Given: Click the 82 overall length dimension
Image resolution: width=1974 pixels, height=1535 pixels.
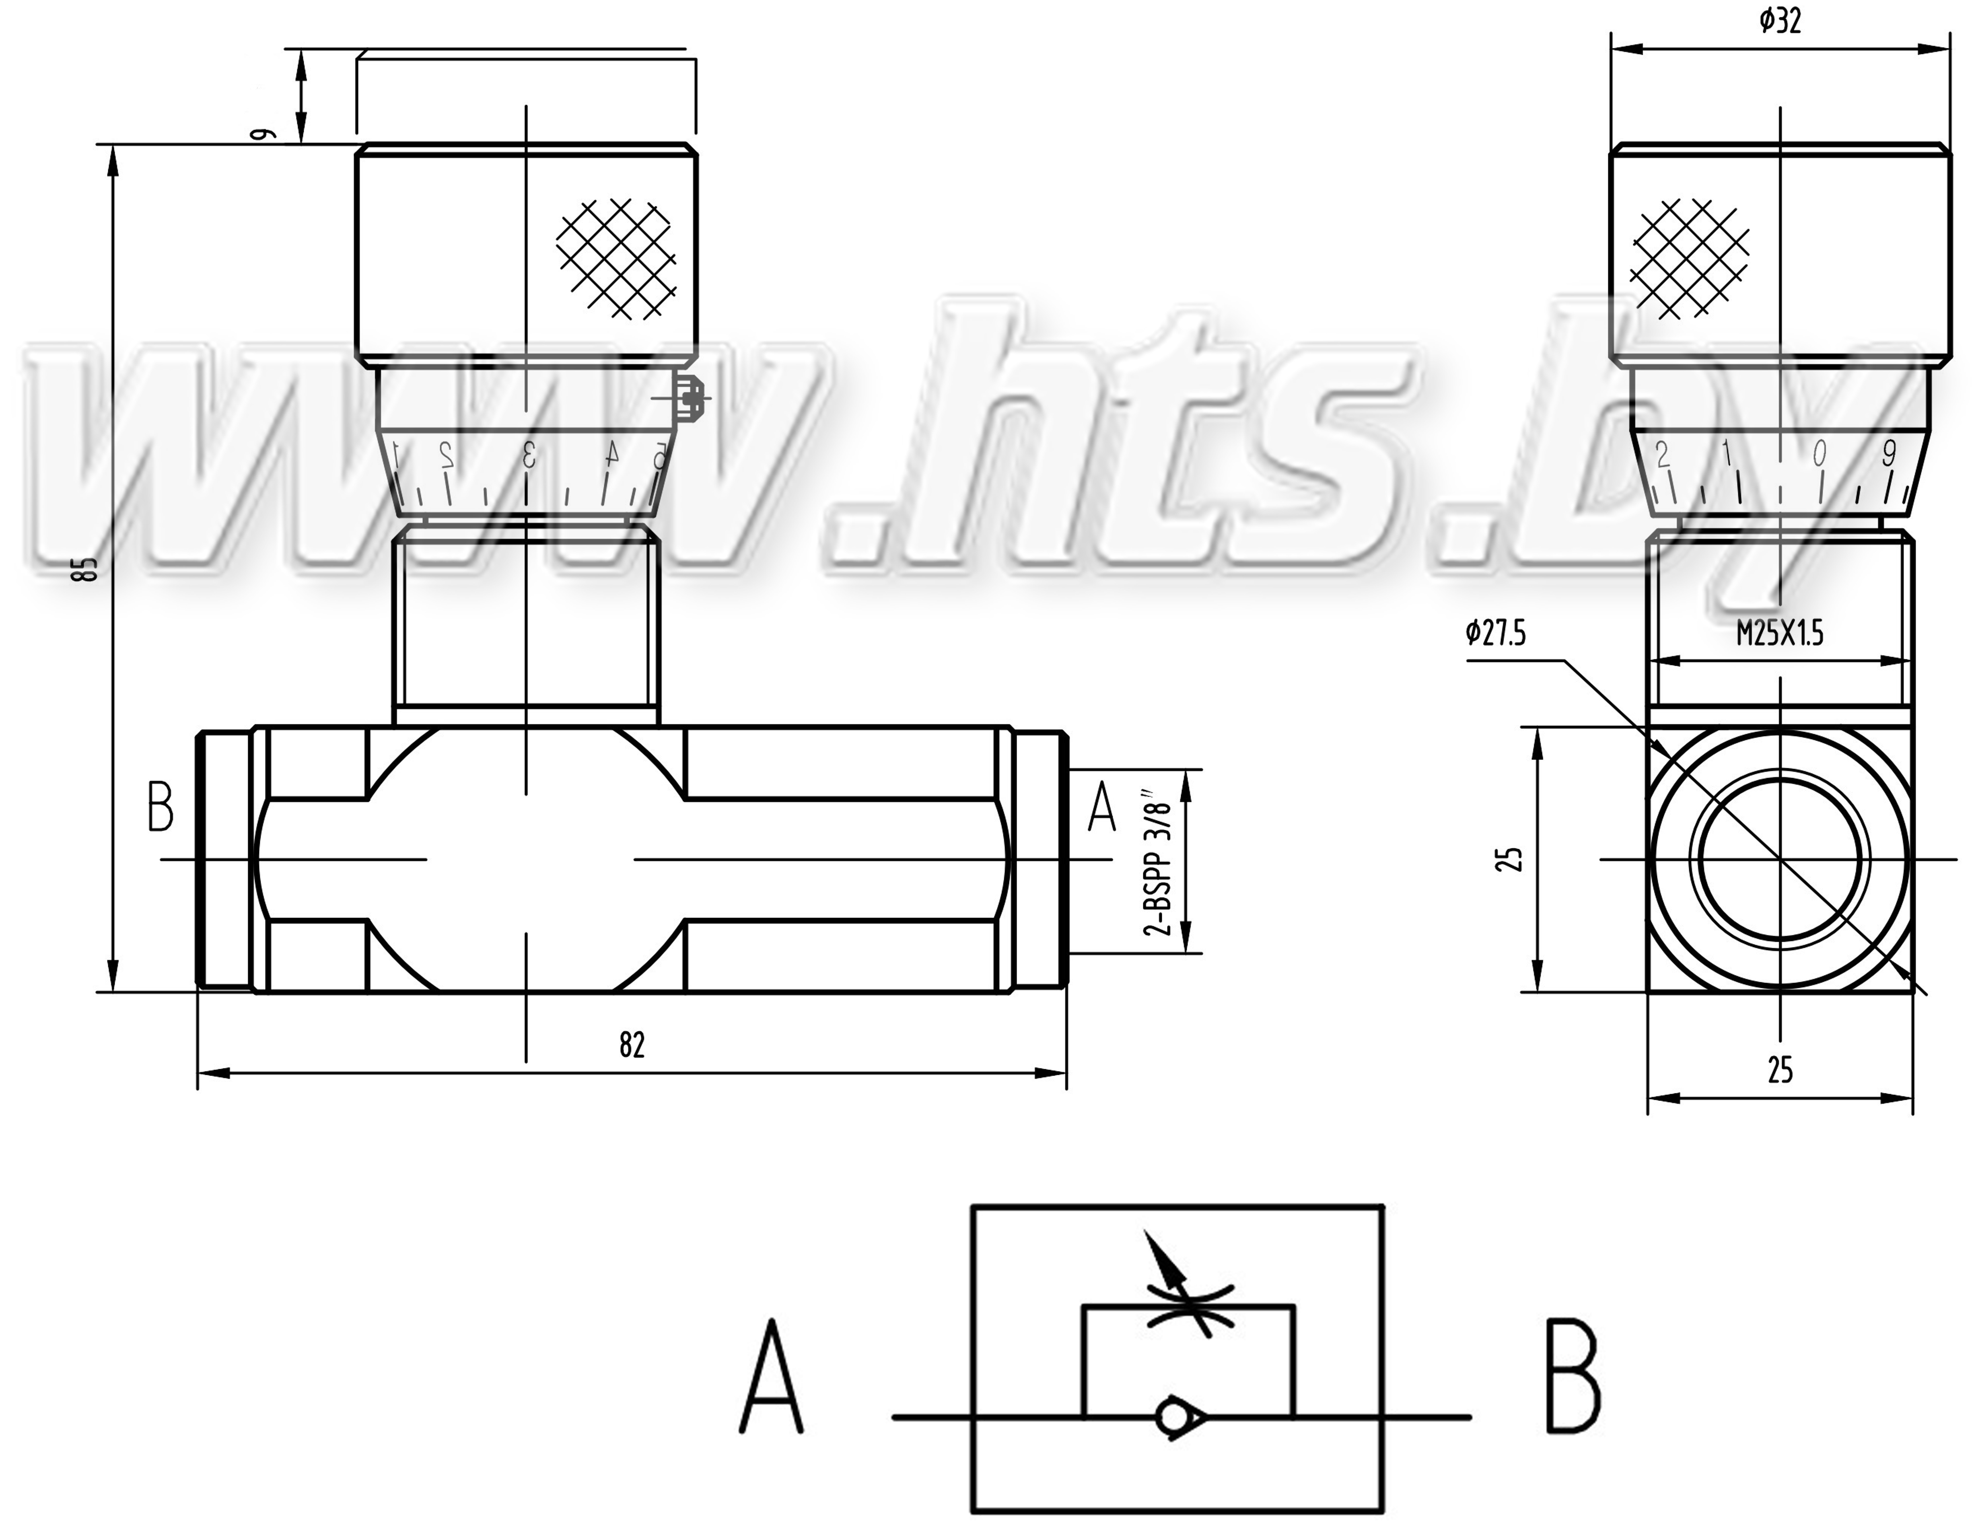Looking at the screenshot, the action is click(632, 1045).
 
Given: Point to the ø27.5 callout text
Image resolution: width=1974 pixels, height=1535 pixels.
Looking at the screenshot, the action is click(1496, 633).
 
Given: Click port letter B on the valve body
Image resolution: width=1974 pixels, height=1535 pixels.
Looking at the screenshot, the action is click(160, 807).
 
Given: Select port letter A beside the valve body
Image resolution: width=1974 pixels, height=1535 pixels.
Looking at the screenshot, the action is click(1101, 807).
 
